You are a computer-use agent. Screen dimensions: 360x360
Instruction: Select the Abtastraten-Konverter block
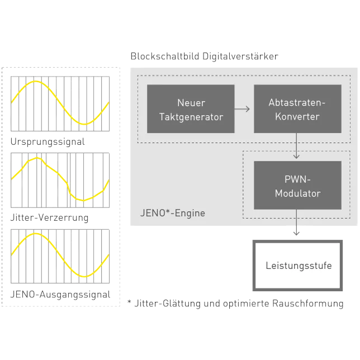pyautogui.click(x=297, y=109)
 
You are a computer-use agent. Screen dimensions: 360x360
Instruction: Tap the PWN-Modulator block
pyautogui.click(x=297, y=186)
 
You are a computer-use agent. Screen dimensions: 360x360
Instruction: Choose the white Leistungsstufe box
pyautogui.click(x=297, y=265)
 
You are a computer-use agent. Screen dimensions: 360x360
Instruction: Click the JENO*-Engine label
pyautogui.click(x=172, y=213)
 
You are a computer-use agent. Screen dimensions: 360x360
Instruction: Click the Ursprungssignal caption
pyautogui.click(x=48, y=142)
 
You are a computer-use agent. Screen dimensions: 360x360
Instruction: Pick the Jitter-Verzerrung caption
pyautogui.click(x=49, y=217)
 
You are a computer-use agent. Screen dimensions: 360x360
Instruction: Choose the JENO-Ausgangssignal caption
pyautogui.click(x=60, y=294)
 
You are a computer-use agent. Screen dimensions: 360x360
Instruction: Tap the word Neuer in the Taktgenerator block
pyautogui.click(x=191, y=103)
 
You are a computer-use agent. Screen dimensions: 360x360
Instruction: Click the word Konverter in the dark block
pyautogui.click(x=297, y=116)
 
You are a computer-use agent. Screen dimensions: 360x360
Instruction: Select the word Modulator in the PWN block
pyautogui.click(x=297, y=193)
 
